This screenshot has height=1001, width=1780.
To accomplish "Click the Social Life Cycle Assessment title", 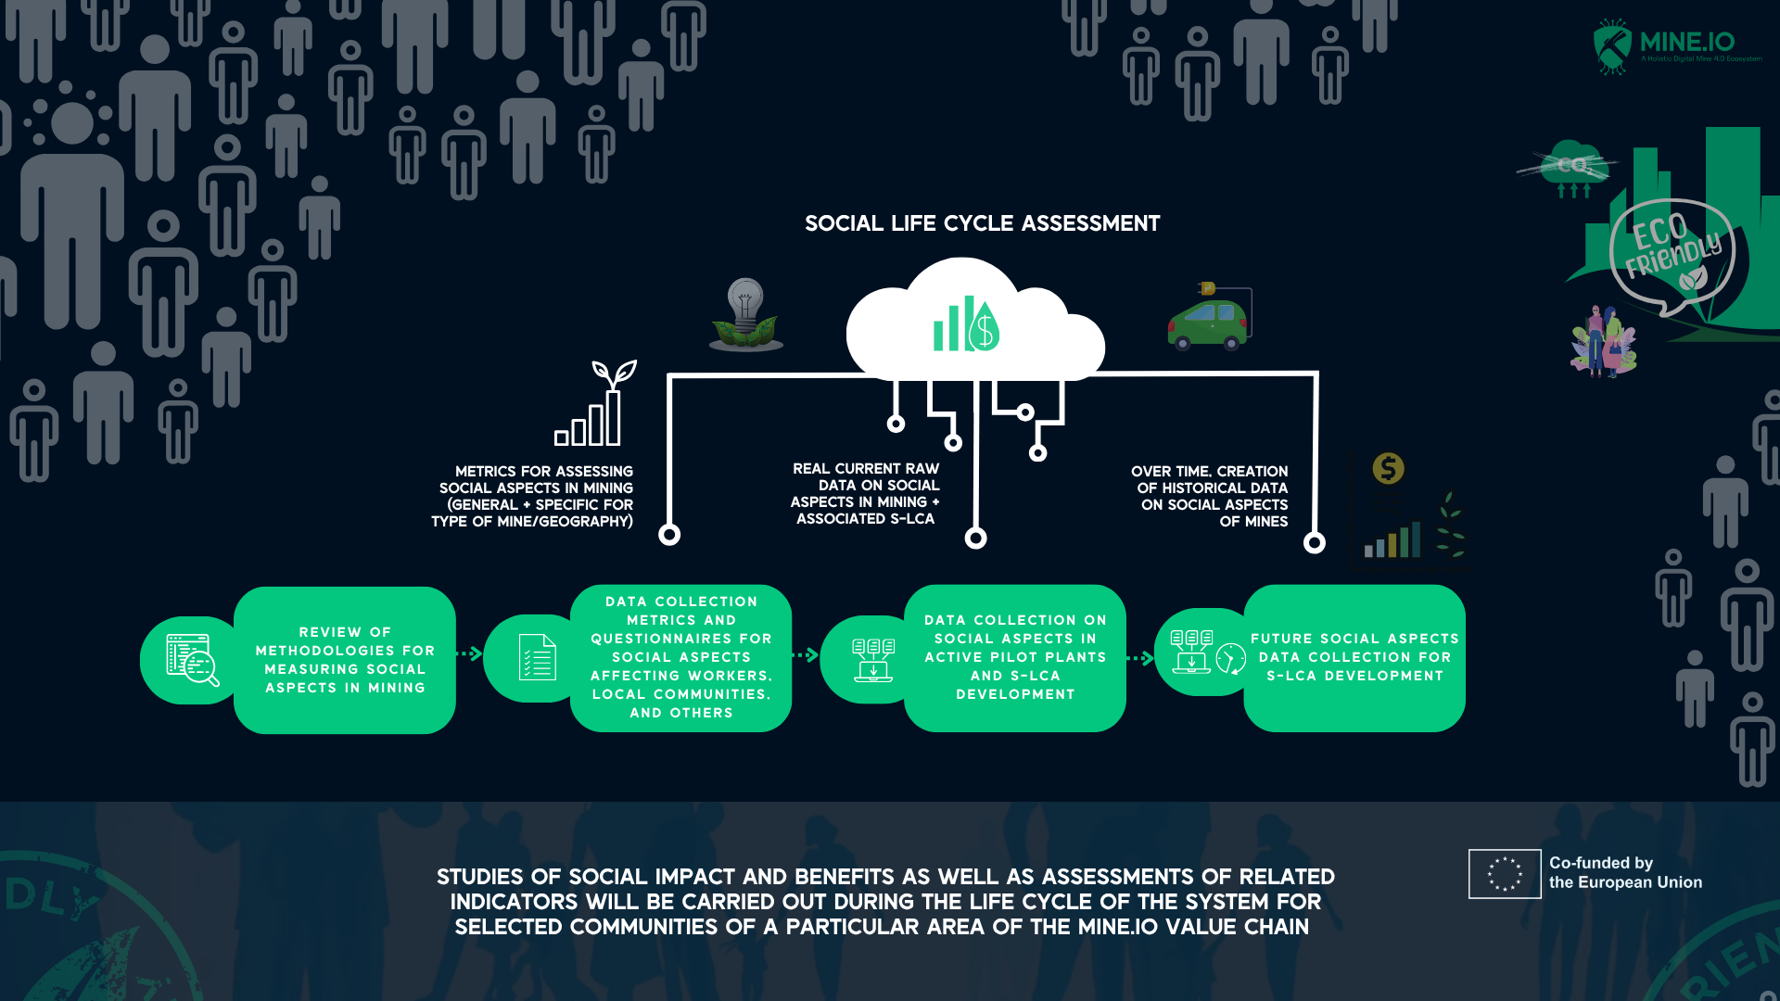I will pyautogui.click(x=982, y=223).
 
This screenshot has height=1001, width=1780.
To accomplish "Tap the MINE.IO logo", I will pyautogui.click(x=1676, y=44).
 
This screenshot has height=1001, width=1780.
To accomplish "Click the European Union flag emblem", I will pyautogui.click(x=1504, y=874).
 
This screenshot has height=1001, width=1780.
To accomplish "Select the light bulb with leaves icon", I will pyautogui.click(x=745, y=314).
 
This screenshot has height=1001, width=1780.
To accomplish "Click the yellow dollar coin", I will pyautogui.click(x=1388, y=468).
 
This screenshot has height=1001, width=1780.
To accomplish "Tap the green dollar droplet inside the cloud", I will pyautogui.click(x=984, y=327).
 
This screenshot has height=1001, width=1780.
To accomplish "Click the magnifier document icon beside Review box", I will pyautogui.click(x=192, y=660).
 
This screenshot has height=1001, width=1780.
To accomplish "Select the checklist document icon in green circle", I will pyautogui.click(x=537, y=657).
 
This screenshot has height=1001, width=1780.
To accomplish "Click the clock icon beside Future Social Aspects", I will pyautogui.click(x=1230, y=658).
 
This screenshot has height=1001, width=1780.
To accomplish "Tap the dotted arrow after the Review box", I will pyautogui.click(x=470, y=654).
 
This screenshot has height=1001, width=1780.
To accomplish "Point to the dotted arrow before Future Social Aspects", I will pyautogui.click(x=1140, y=658).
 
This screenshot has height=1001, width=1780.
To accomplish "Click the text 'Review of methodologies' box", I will pyautogui.click(x=345, y=660).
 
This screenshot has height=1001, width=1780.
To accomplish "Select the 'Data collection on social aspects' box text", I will pyautogui.click(x=1015, y=657).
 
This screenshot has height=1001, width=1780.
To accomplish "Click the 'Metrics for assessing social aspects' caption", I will pyautogui.click(x=534, y=497).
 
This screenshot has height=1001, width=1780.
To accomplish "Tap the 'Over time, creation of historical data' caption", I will pyautogui.click(x=1211, y=497).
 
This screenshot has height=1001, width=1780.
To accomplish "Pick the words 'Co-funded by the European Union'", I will pyautogui.click(x=1624, y=873).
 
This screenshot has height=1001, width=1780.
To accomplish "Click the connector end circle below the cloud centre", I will pyautogui.click(x=975, y=538).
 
